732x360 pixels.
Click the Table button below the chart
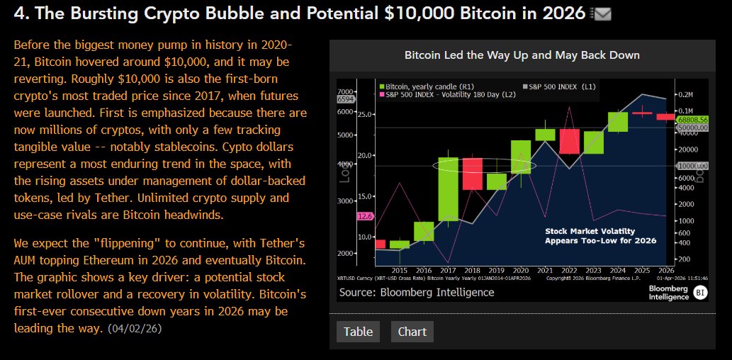tap(358, 332)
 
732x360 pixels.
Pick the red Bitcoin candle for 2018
tap(473, 174)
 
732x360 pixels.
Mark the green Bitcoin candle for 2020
tap(521, 157)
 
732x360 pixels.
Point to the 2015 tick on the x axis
tap(399, 270)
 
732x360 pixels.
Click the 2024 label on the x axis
tap(617, 270)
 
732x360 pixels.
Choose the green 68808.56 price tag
tap(693, 120)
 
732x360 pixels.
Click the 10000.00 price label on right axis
tap(694, 165)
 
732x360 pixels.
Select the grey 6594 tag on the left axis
tap(345, 99)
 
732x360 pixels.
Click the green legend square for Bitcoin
tap(382, 86)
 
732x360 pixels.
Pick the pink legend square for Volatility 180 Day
tap(382, 94)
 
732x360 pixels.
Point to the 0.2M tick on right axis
tap(685, 94)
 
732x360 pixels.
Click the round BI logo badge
tap(699, 293)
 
